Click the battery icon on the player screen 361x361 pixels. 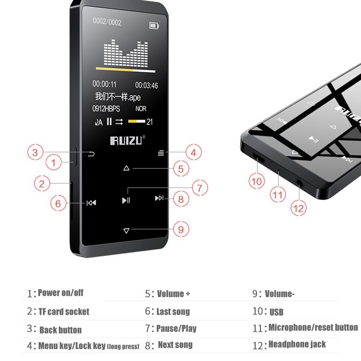click(154, 25)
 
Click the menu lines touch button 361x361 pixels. click(161, 153)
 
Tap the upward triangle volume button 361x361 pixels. click(126, 168)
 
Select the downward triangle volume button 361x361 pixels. click(126, 230)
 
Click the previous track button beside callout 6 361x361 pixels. click(91, 203)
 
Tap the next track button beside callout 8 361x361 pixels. click(159, 198)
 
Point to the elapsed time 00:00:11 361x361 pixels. click(105, 84)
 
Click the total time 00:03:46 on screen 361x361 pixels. click(147, 85)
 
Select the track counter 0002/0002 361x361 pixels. click(107, 22)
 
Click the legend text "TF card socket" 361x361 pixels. click(64, 312)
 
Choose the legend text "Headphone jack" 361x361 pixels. click(297, 344)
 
